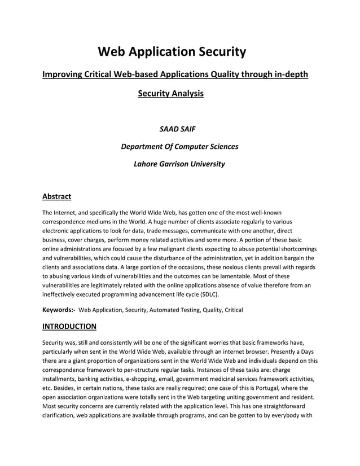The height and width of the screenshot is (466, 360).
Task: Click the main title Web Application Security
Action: pyautogui.click(x=172, y=52)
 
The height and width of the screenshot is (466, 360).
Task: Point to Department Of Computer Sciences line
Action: pyautogui.click(x=179, y=147)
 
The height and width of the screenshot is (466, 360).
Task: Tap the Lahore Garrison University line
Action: pyautogui.click(x=179, y=164)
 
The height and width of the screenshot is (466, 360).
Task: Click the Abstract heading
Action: pyautogui.click(x=56, y=197)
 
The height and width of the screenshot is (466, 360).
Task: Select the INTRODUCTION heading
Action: pyautogui.click(x=69, y=326)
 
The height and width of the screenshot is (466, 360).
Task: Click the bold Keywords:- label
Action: pyautogui.click(x=59, y=310)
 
